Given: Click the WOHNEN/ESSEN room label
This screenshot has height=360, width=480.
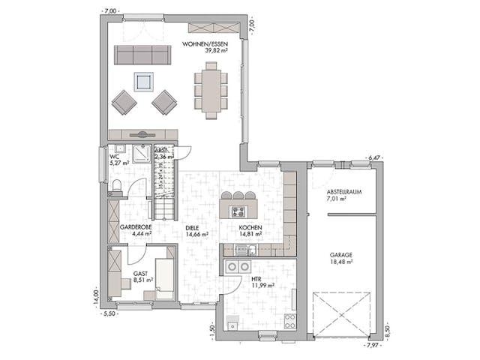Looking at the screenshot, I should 205,44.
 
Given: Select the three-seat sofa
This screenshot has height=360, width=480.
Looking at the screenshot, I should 141,55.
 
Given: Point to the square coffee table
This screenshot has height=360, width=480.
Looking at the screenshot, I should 142,81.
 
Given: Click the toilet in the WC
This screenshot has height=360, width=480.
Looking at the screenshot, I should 115,185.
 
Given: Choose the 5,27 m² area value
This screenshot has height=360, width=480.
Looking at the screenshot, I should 119,162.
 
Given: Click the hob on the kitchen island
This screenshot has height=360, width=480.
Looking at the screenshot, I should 238,196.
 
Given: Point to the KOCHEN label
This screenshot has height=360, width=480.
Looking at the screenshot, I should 250,226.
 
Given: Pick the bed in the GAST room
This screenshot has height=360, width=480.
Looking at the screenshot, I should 164,276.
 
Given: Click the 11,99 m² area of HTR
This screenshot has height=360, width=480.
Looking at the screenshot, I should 263,285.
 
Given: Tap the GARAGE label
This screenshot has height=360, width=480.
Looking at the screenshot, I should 341,254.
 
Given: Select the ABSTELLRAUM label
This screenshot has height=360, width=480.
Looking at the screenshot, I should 344,192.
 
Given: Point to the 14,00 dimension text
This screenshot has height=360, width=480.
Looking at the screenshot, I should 94,298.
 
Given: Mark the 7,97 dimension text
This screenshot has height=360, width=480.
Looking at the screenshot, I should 372,346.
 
